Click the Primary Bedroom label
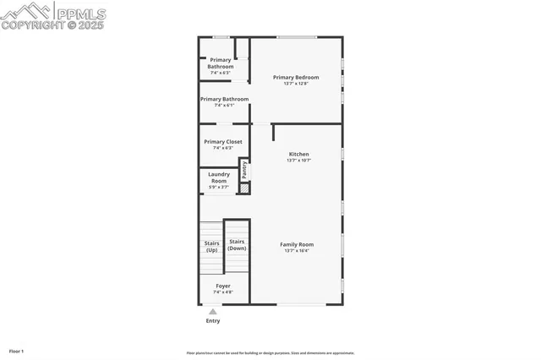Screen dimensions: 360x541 (296, 77)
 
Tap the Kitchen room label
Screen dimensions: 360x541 (298, 154)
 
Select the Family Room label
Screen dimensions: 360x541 (297, 244)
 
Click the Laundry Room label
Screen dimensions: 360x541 (218, 177)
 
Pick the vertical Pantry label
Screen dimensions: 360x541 (244, 170)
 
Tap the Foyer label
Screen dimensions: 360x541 (222, 286)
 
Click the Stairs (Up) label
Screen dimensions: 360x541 (211, 246)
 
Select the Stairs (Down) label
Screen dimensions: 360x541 (237, 246)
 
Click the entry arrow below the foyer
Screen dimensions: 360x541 (213, 311)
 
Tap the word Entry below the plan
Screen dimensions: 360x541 (213, 321)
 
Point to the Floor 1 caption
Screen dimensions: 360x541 (16, 351)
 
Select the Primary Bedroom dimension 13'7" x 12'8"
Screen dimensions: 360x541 (296, 83)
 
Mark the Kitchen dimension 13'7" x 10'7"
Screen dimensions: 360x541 (298, 161)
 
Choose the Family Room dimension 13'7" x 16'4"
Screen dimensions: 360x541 (297, 251)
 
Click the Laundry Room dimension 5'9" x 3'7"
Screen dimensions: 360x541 (218, 187)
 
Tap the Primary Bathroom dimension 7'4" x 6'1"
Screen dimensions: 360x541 (224, 106)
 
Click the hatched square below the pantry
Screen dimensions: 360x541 (244, 188)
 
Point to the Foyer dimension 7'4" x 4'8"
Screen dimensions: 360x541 (222, 292)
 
